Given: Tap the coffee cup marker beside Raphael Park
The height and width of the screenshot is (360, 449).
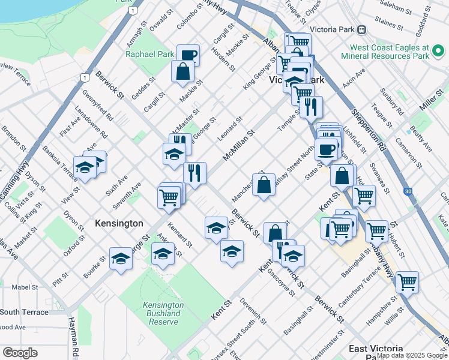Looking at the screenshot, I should (x=188, y=55).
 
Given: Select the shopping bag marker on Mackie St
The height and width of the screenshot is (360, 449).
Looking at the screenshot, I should (x=182, y=72).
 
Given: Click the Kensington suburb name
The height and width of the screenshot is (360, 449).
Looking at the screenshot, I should (x=119, y=223).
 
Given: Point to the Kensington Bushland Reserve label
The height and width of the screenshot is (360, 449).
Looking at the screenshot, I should (x=163, y=313).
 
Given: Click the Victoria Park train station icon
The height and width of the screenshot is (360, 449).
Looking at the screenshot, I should (x=361, y=29).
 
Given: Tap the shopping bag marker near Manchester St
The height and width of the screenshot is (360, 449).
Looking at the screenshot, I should (x=264, y=185).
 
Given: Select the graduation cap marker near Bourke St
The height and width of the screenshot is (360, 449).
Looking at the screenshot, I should (x=121, y=259).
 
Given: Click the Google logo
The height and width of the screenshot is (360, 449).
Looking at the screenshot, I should (x=20, y=353).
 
